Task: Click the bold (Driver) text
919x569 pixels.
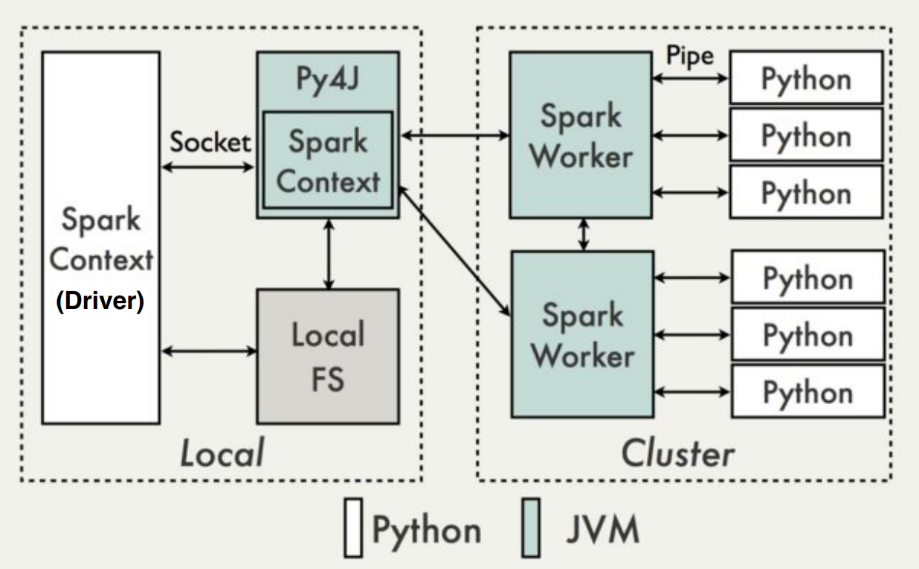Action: click(x=100, y=303)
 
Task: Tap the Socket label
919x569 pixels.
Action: click(x=210, y=142)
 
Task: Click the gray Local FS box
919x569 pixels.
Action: click(x=327, y=357)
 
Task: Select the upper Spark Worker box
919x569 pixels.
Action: click(x=581, y=134)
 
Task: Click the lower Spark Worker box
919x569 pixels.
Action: click(x=581, y=334)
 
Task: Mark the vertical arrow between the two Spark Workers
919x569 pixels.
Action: click(x=584, y=234)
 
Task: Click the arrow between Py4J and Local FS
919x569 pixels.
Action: click(x=328, y=253)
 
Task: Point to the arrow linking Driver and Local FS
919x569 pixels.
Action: click(x=208, y=351)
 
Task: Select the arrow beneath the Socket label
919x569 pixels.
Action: click(x=208, y=167)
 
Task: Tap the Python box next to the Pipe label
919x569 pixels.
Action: click(x=806, y=78)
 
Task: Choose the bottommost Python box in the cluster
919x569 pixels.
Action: click(x=807, y=391)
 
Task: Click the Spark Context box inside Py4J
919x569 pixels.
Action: click(x=328, y=160)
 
